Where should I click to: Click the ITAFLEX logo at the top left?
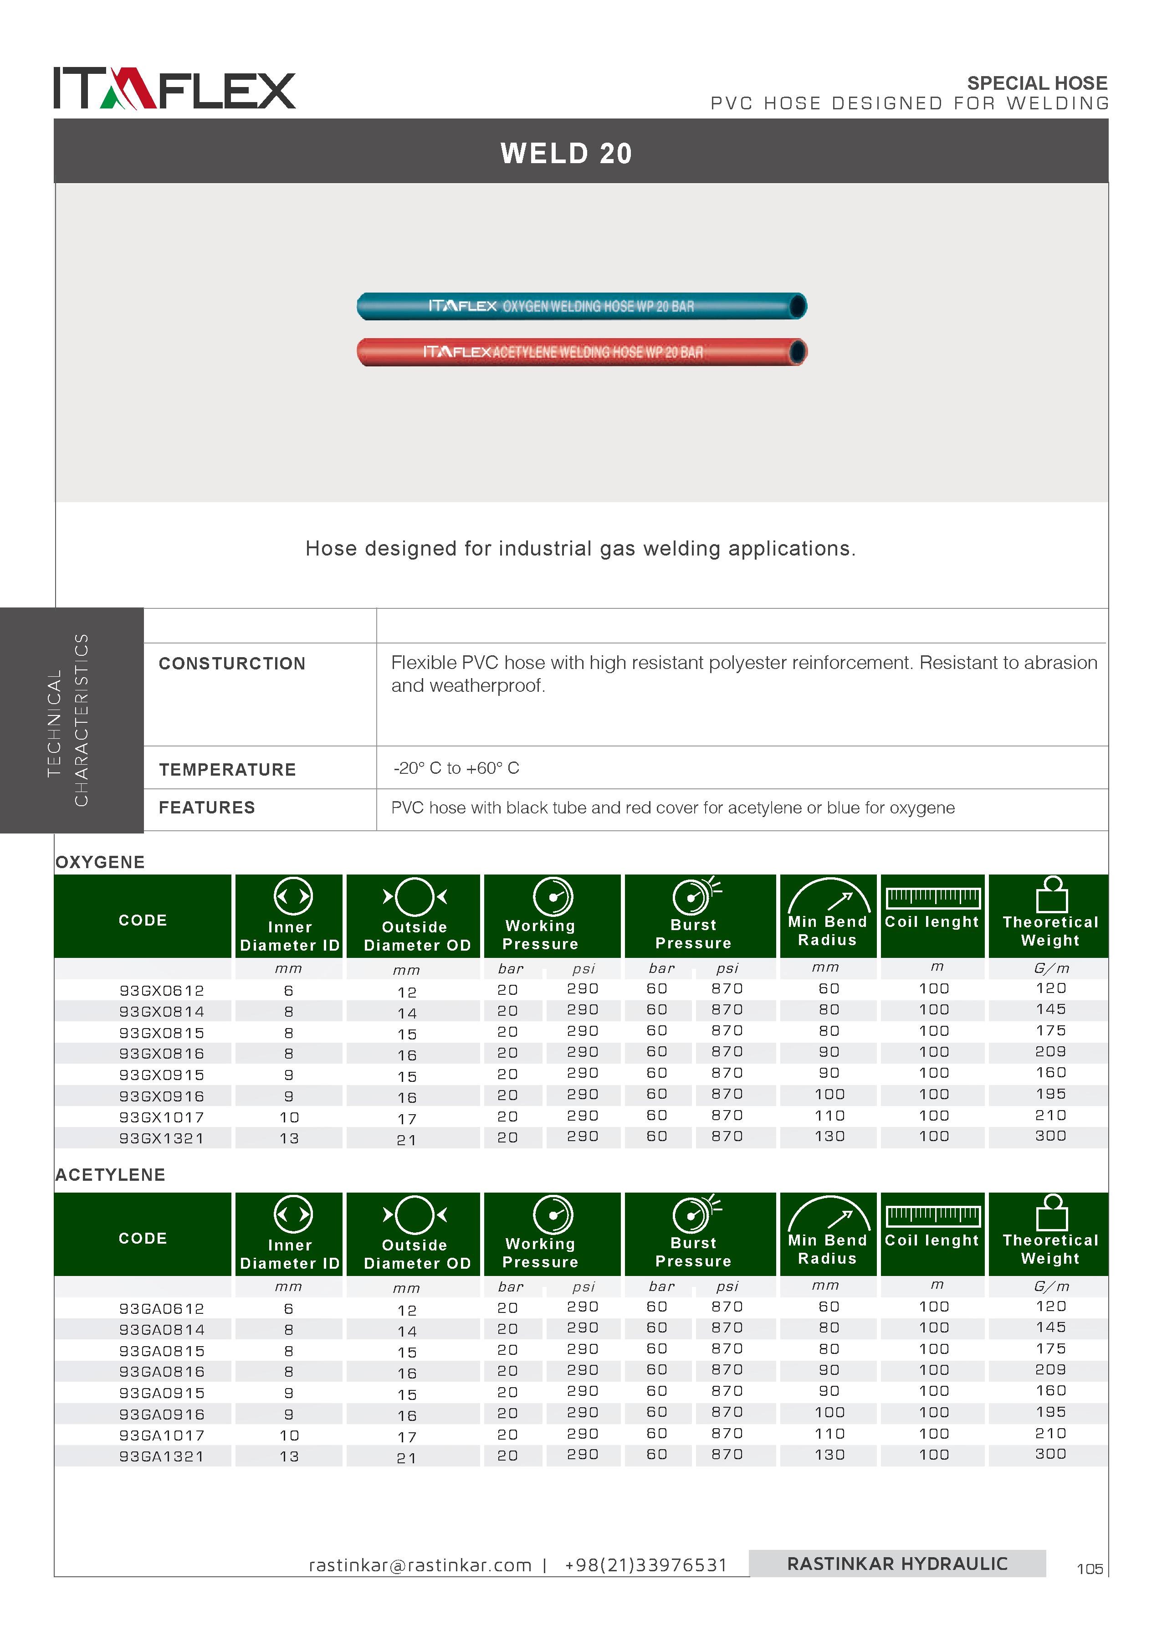(174, 89)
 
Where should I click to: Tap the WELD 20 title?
(566, 153)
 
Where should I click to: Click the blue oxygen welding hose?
(581, 306)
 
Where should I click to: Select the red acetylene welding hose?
(581, 352)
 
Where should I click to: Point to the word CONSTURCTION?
(232, 664)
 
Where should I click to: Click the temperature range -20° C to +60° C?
(456, 768)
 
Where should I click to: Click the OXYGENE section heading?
(100, 862)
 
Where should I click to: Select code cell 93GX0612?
(162, 990)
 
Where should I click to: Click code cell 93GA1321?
(162, 1456)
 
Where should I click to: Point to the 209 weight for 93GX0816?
(1050, 1051)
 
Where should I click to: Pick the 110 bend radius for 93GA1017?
(829, 1434)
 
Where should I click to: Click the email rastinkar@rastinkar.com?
(420, 1565)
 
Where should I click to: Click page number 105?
(1089, 1569)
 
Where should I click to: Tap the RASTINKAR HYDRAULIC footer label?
(897, 1564)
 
